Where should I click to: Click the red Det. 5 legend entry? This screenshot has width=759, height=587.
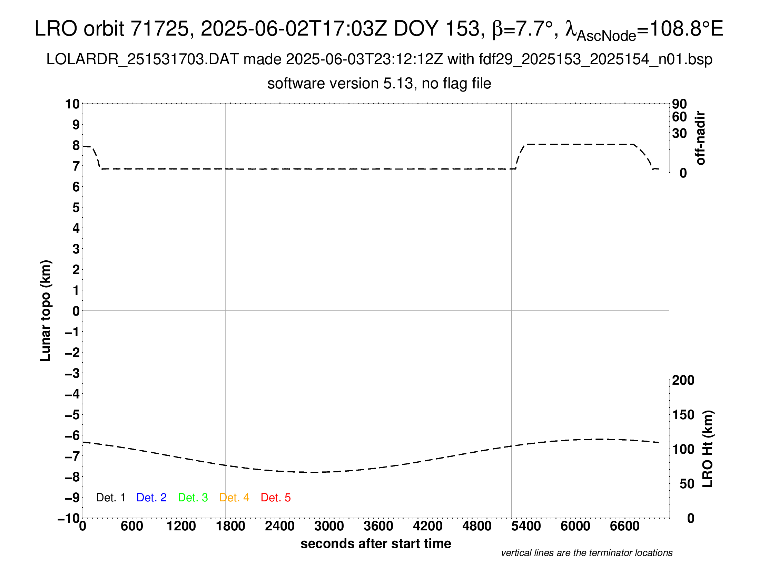click(x=276, y=498)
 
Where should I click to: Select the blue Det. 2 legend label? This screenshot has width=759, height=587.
click(x=151, y=498)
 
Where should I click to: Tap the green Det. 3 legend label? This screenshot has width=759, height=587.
click(x=193, y=498)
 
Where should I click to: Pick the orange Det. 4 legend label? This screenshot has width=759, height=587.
click(x=234, y=498)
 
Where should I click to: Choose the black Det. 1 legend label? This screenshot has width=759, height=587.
click(x=110, y=498)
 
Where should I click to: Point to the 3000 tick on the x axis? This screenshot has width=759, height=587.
click(x=329, y=526)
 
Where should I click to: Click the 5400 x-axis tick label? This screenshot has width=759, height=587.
click(x=526, y=526)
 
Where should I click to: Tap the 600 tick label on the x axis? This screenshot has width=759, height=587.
click(x=132, y=526)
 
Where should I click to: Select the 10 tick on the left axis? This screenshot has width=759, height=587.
click(x=72, y=104)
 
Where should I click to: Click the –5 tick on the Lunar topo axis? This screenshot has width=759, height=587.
click(x=72, y=415)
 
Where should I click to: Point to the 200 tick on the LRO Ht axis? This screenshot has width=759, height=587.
click(x=683, y=380)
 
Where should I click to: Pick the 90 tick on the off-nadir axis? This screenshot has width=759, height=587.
click(x=679, y=104)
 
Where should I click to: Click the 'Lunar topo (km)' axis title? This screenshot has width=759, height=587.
click(x=46, y=310)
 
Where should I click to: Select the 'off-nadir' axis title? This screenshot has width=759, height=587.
click(x=700, y=138)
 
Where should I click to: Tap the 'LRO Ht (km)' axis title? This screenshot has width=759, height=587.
click(x=708, y=449)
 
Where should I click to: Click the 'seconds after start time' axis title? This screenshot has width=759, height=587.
click(x=376, y=543)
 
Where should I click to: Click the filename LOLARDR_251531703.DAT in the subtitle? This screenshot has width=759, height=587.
click(x=142, y=59)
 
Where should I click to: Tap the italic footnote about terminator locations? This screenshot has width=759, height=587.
click(x=586, y=553)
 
